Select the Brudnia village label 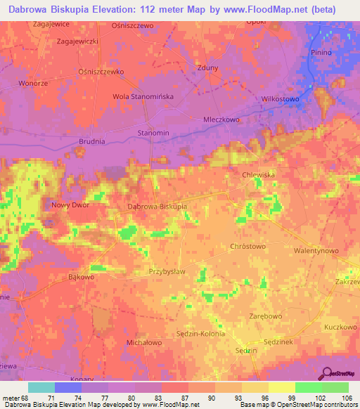[x=91, y=141]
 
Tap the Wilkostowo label [x=280, y=99]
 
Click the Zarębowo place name [x=266, y=317]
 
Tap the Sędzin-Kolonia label [x=200, y=333]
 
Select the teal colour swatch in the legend [x=41, y=387]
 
